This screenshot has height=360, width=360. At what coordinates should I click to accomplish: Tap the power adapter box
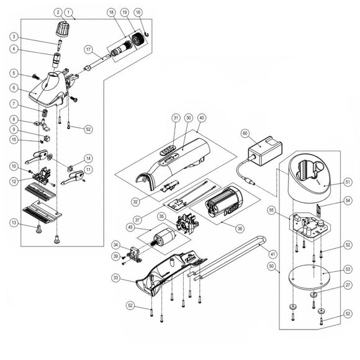click(x=264, y=150)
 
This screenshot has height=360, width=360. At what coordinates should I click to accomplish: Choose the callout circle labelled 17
click(x=89, y=50)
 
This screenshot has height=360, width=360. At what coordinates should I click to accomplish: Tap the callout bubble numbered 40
click(x=201, y=117)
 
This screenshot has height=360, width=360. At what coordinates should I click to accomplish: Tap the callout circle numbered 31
click(x=176, y=117)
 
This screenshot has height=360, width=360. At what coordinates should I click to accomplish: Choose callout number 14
click(x=88, y=158)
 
